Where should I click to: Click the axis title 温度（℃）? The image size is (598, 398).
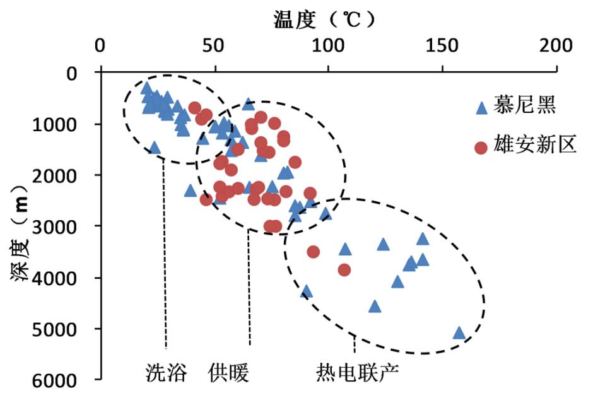324,19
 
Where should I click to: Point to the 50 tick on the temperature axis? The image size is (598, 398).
214,47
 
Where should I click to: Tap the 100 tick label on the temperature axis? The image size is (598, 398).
327,47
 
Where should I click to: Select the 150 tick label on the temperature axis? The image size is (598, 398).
442,47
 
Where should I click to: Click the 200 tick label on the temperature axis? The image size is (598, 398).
556,47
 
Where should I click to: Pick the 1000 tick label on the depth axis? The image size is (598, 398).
63,124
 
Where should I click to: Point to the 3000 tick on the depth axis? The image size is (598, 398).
63,226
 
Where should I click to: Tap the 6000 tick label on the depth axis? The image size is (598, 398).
63,380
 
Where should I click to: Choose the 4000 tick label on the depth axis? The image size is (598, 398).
63,278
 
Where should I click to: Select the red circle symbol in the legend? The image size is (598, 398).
481,148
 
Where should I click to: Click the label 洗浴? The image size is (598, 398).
166,373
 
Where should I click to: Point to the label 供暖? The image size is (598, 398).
228,373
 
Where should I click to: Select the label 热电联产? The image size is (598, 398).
357,373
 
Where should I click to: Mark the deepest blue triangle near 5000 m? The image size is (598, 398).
459,333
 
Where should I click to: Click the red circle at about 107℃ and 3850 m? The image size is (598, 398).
344,270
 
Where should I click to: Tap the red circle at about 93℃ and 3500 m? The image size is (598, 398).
313,252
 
